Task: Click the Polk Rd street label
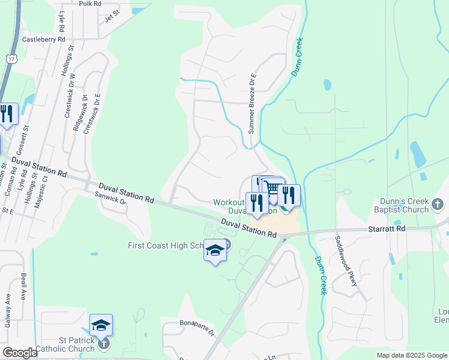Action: (90, 3)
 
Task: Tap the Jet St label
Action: (113, 18)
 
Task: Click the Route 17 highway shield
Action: (11, 58)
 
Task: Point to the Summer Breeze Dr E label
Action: (252, 103)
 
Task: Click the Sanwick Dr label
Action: (110, 199)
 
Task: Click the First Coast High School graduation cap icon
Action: (214, 250)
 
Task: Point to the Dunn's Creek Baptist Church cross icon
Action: (438, 205)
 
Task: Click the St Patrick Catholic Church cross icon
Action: (104, 344)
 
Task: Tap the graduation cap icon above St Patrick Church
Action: (101, 325)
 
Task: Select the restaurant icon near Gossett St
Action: (7, 113)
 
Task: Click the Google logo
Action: (20, 353)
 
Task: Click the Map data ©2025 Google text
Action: (411, 355)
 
